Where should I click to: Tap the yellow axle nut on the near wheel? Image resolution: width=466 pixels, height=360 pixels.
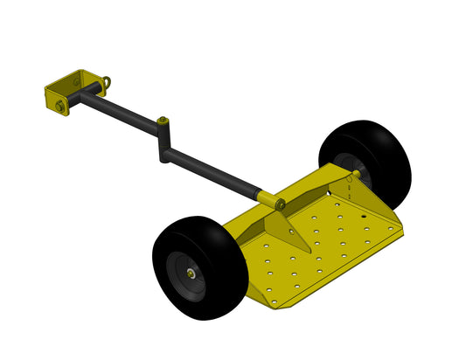click(190, 271)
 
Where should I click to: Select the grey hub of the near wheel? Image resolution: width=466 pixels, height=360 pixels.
click(184, 271)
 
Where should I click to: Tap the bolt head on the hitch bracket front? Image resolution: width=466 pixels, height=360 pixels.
click(59, 106)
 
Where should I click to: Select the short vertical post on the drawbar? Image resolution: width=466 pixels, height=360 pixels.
click(162, 140)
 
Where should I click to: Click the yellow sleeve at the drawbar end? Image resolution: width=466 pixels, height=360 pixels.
click(266, 199)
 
